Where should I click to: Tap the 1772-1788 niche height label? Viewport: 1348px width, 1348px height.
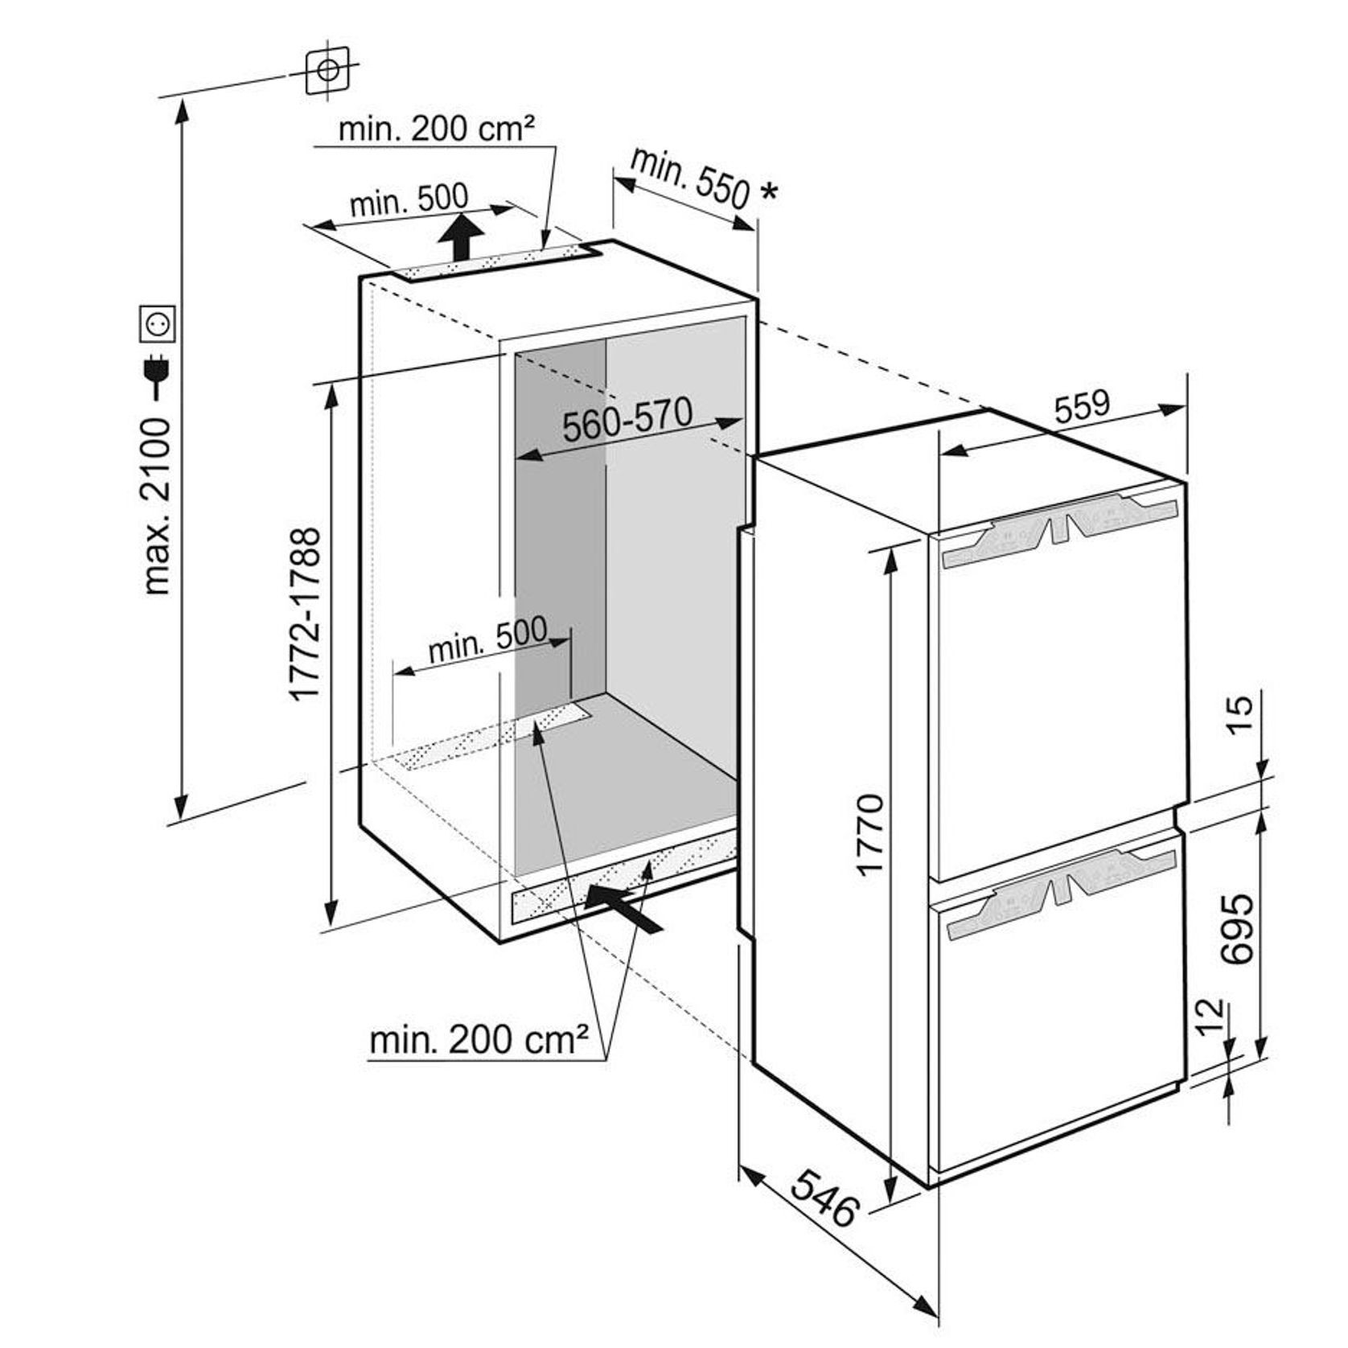(306, 613)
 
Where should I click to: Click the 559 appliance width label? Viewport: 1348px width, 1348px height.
(1081, 407)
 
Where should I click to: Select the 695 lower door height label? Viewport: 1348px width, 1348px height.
(1236, 927)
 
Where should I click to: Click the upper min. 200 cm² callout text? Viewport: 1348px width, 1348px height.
(437, 128)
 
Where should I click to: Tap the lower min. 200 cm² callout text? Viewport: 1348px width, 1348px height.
(478, 1041)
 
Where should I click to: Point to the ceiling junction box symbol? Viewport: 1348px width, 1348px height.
(327, 71)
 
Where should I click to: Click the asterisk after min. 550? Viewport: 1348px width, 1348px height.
(769, 191)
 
